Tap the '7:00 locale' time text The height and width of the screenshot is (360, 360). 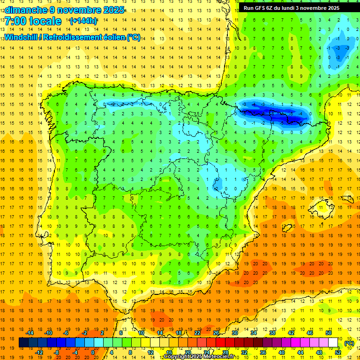coord(34,21)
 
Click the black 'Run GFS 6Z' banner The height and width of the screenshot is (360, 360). coord(298,8)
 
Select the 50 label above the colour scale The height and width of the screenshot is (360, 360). coord(329,333)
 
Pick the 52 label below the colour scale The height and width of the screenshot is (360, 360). coord(338,352)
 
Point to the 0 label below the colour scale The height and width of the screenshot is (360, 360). coord(93,352)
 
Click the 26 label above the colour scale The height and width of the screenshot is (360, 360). coord(216,333)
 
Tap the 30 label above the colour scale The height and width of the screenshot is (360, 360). coord(235,333)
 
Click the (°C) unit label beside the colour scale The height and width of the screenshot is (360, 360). coord(349,343)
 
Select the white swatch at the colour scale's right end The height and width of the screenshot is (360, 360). coord(333,343)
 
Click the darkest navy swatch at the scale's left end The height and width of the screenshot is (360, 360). coord(23,343)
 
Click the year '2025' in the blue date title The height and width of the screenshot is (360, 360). coord(113,9)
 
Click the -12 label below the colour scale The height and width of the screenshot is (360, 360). coord(39,352)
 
